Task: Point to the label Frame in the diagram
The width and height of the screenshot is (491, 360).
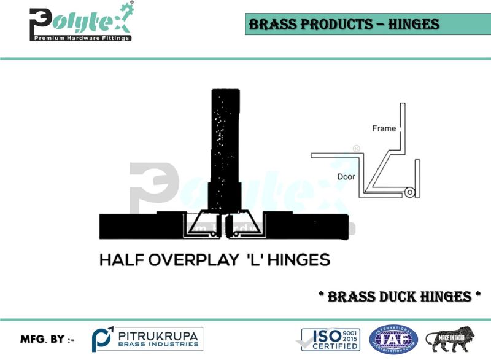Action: (384, 128)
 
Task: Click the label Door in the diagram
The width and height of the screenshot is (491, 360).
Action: (347, 176)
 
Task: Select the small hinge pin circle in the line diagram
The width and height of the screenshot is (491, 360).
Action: (408, 193)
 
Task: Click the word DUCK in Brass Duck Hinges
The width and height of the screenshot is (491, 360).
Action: (403, 297)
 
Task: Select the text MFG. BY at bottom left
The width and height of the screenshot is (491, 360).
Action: (47, 339)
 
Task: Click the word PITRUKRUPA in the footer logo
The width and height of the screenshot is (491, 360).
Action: (158, 335)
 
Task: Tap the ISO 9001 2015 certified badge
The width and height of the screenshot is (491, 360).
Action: (330, 339)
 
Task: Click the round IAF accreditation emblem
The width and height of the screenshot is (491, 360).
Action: (393, 339)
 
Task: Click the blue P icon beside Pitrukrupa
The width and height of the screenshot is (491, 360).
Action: (102, 339)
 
